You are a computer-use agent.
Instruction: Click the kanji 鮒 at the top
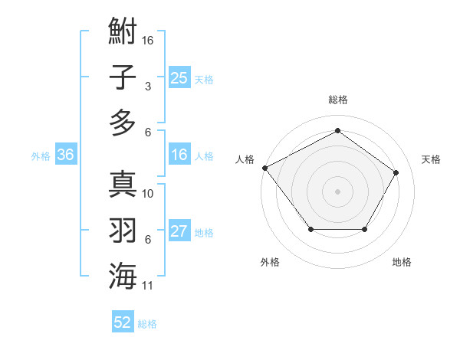(123, 33)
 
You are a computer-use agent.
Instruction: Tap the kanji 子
(123, 77)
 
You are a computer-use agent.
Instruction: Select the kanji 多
(123, 122)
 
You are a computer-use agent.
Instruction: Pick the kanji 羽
(123, 230)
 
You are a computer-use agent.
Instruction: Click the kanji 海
(123, 275)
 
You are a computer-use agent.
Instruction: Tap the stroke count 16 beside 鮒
(149, 40)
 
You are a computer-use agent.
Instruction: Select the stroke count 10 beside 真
(149, 194)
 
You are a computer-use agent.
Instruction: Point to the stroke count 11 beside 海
(149, 286)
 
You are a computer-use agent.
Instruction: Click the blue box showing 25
(179, 77)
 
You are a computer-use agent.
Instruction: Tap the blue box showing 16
(179, 155)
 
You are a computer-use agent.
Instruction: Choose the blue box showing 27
(179, 231)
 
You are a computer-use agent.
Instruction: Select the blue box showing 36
(66, 155)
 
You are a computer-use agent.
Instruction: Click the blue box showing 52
(123, 322)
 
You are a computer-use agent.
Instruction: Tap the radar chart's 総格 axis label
(338, 100)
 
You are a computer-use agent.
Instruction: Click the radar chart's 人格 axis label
(245, 160)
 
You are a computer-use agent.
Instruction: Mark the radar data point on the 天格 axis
(396, 172)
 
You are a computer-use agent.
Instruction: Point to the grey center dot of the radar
(338, 191)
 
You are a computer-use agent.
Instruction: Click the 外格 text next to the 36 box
(41, 156)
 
